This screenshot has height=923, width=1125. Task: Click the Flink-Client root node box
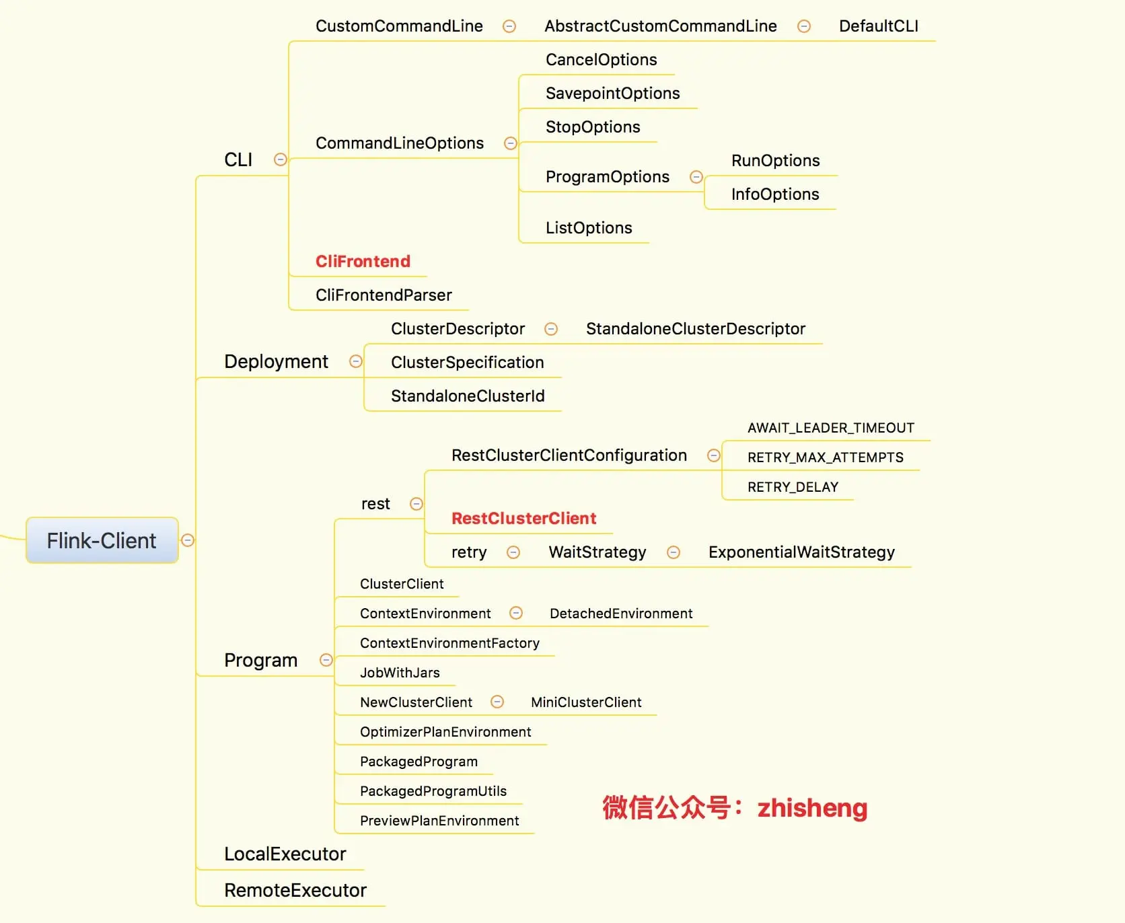[x=102, y=540]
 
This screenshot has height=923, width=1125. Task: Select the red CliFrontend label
[x=363, y=261]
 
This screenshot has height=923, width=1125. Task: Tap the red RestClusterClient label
[x=523, y=518]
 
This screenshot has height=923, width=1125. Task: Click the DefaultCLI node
[x=878, y=26]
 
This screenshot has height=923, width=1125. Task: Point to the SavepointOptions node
[x=612, y=94]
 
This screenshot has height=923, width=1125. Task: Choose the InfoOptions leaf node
[x=774, y=194]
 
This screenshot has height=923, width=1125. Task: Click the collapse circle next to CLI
[x=281, y=159]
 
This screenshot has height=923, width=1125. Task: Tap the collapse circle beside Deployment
[x=356, y=361]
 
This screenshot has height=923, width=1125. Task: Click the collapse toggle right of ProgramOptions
[x=696, y=177]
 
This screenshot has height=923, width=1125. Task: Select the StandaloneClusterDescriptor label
[x=695, y=329]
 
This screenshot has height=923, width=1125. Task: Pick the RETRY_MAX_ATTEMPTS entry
[x=825, y=457]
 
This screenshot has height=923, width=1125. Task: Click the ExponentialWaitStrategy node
[x=801, y=552]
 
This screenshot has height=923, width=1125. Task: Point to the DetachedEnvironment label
[x=620, y=614]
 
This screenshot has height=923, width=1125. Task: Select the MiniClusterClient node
[x=585, y=702]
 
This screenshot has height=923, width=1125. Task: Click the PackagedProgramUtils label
[x=433, y=791]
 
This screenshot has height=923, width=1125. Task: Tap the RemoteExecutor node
[x=295, y=890]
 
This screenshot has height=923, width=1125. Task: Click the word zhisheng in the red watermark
[x=812, y=808]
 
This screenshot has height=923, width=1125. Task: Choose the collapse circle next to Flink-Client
[x=188, y=540]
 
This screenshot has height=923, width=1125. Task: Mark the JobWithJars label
[x=400, y=673]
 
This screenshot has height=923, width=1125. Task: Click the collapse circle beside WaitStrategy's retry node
[x=513, y=552]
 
